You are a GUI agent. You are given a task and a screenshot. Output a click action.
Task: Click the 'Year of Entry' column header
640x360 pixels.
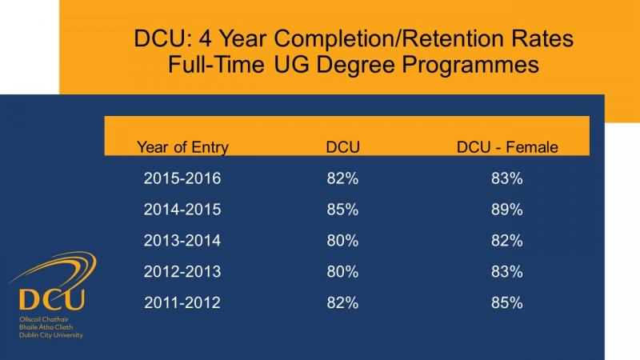tap(182, 147)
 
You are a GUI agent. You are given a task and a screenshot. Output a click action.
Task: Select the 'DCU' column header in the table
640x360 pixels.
tap(343, 147)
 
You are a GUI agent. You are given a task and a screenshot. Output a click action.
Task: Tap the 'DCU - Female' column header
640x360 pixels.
tap(507, 147)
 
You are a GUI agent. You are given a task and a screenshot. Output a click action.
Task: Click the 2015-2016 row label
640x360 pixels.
tap(182, 178)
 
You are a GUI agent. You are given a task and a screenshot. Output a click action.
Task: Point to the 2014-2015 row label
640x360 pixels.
tap(182, 210)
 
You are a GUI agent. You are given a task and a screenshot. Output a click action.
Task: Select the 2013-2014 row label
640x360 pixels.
tap(182, 241)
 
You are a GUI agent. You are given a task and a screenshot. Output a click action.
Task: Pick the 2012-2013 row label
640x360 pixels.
tap(182, 271)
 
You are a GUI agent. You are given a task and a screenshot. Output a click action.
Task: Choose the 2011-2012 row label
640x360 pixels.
tap(182, 302)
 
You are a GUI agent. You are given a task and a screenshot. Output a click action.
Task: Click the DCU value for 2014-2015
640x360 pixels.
tap(342, 210)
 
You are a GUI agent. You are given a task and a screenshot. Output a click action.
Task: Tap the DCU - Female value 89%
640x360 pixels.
tap(507, 210)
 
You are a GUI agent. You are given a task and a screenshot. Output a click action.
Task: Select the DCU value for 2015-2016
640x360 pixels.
tap(342, 178)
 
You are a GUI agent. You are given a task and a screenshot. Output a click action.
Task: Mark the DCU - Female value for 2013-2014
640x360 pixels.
tap(507, 241)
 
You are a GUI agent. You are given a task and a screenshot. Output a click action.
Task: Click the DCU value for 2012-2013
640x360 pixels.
tap(342, 271)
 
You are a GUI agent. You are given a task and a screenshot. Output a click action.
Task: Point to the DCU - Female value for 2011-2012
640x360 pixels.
tap(507, 302)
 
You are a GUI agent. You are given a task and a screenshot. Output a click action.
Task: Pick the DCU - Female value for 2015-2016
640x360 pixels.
tap(507, 178)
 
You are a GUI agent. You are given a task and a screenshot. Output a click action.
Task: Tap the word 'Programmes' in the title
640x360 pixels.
tap(470, 65)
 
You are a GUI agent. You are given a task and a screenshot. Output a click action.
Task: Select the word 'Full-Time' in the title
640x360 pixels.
tap(216, 65)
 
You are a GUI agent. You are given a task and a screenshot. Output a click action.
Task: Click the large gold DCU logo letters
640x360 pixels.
tap(52, 299)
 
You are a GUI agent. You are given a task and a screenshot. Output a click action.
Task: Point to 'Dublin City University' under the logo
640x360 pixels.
tap(51, 335)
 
